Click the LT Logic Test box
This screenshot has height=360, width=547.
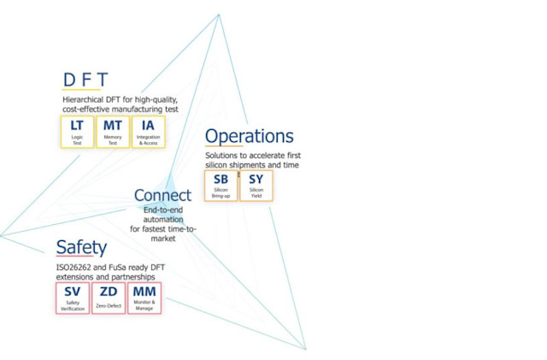[x=77, y=132]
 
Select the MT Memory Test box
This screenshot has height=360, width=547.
[x=112, y=132]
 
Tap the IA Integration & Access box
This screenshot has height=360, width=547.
[x=148, y=132]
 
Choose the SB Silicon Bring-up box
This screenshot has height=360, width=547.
[x=221, y=186]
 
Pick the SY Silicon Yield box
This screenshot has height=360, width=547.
[x=256, y=186]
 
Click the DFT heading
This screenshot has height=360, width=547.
[x=85, y=80]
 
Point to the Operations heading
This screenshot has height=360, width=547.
[x=249, y=137]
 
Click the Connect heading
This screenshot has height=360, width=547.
[x=162, y=196]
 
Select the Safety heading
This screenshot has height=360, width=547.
[x=81, y=248]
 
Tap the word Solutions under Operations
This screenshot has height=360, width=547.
[x=222, y=156]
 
